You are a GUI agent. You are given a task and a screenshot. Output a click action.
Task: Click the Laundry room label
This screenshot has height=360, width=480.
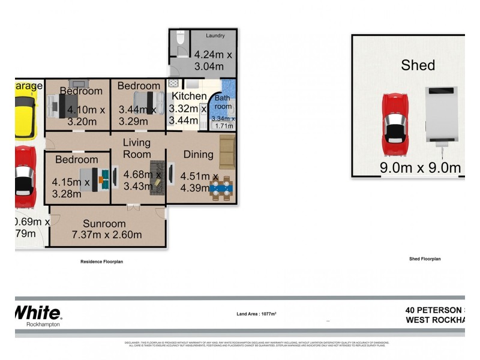pyautogui.click(x=215, y=35)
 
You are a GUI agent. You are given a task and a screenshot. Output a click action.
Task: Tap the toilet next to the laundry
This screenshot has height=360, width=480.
pyautogui.click(x=180, y=41)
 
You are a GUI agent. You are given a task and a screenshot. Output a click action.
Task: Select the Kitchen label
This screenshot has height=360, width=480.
pyautogui.click(x=190, y=96)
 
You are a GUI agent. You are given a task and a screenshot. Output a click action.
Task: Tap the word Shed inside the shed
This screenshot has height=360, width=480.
pyautogui.click(x=418, y=65)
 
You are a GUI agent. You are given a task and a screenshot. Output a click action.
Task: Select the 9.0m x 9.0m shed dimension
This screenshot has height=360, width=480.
pyautogui.click(x=420, y=167)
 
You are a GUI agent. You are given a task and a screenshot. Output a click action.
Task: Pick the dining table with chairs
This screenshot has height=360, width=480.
pyautogui.click(x=220, y=188)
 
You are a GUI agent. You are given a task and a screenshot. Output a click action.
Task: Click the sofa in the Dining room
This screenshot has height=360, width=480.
pyautogui.click(x=227, y=152)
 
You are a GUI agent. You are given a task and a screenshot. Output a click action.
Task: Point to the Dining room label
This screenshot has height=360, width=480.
pyautogui.click(x=199, y=154)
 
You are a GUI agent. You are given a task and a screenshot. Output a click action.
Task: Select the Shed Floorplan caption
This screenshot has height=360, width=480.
pyautogui.click(x=425, y=259)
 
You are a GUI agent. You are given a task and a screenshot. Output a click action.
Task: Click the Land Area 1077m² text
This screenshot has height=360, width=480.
pyautogui.click(x=256, y=313)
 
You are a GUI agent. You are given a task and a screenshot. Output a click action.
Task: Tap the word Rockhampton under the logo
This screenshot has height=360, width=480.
pyautogui.click(x=43, y=325)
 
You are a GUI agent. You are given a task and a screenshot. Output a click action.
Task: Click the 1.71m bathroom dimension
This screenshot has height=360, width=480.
pyautogui.click(x=223, y=126)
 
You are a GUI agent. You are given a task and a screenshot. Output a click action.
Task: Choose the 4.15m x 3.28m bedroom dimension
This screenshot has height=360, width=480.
pyautogui.click(x=71, y=188)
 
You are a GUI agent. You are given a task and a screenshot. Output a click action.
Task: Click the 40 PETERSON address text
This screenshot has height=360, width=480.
pyautogui.click(x=434, y=310)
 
